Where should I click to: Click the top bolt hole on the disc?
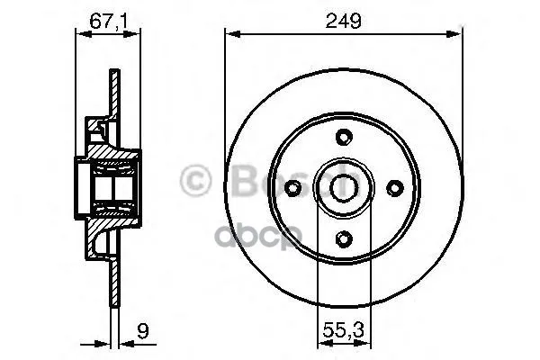[x=343, y=137]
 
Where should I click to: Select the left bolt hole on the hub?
[x=292, y=187]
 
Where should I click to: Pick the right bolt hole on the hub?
[x=393, y=187]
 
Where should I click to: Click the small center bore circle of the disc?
[x=343, y=187]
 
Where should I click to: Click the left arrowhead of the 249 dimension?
[x=229, y=34]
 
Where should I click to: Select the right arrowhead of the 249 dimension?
[x=457, y=34]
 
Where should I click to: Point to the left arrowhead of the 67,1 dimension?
[x=76, y=34]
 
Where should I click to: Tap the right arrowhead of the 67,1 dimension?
[x=138, y=34]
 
